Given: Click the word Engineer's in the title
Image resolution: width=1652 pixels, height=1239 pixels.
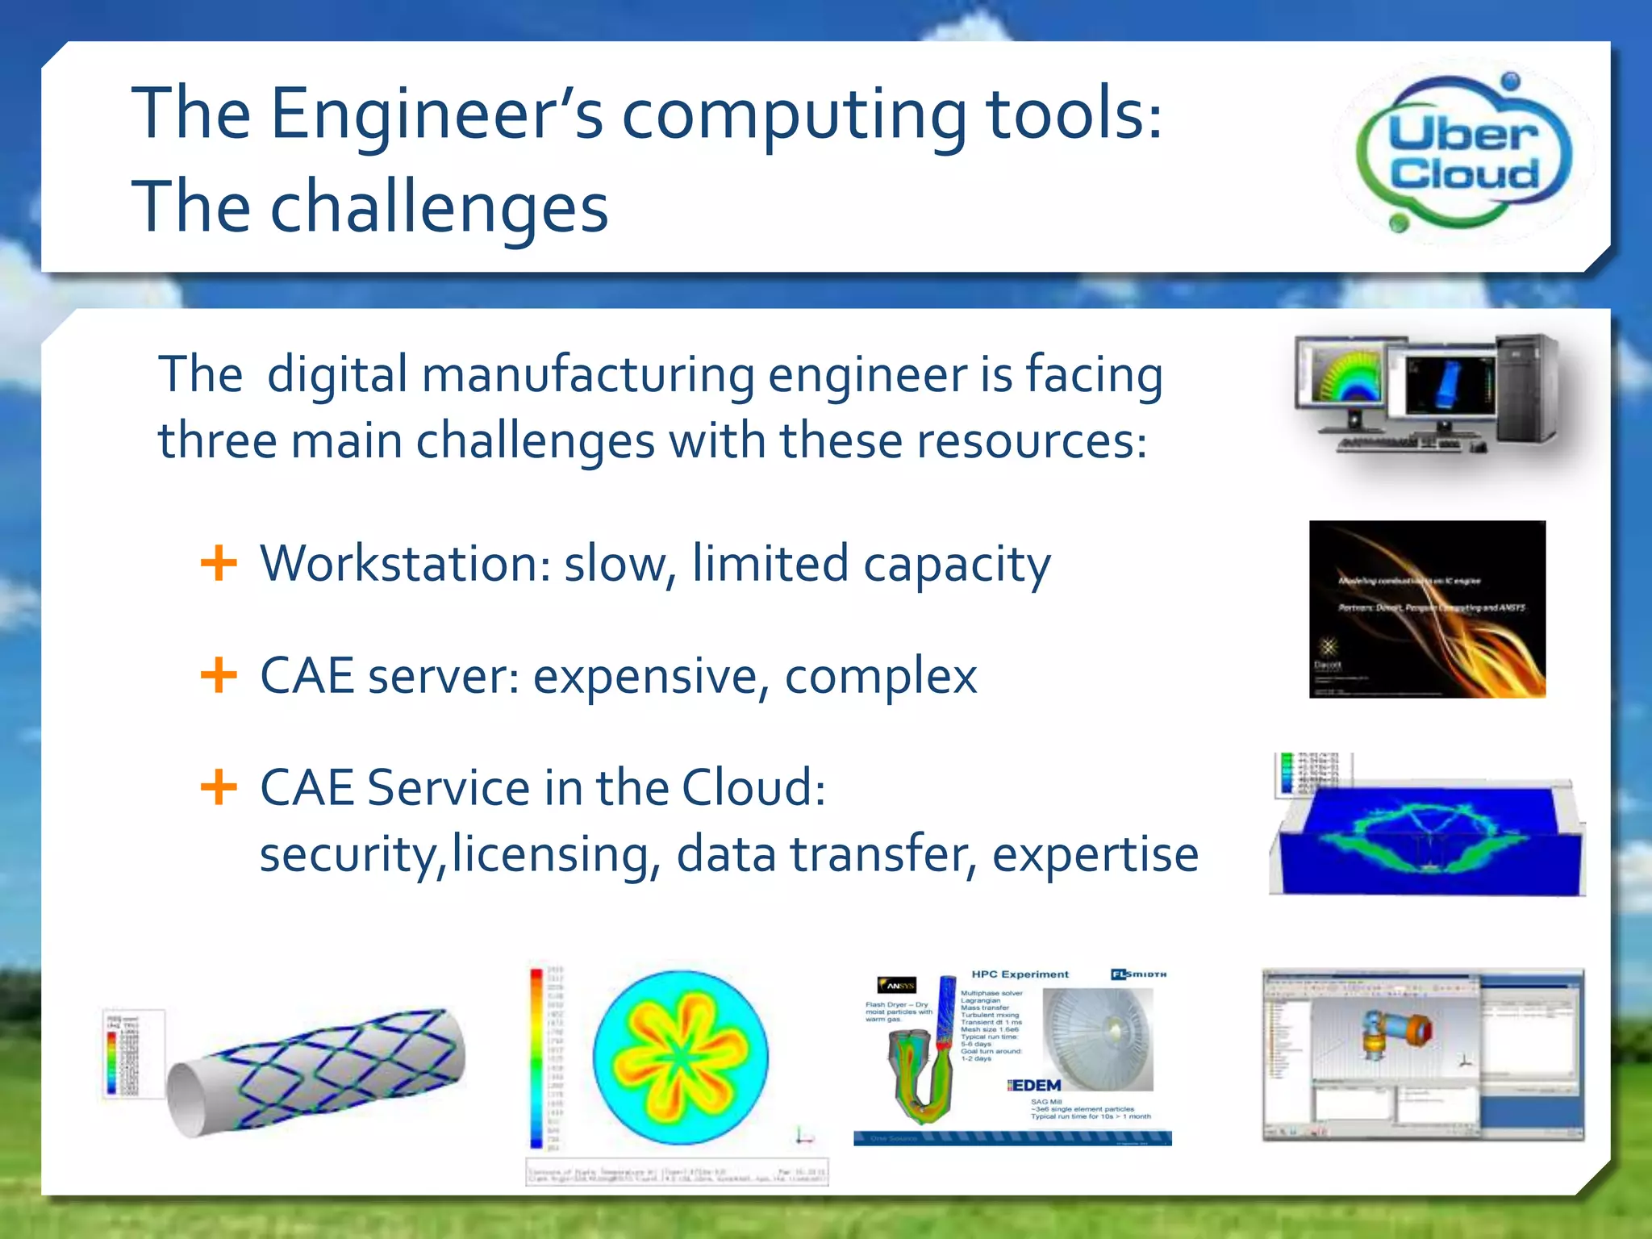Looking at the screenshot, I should (x=436, y=115).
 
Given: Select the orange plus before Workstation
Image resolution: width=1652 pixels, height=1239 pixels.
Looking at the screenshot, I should (x=218, y=563).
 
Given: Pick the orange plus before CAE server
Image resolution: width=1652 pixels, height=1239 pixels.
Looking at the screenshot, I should (x=218, y=675).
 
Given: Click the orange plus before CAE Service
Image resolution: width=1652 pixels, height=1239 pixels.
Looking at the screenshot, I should (x=218, y=786).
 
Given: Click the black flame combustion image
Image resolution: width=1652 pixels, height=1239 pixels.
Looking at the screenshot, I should (x=1427, y=609).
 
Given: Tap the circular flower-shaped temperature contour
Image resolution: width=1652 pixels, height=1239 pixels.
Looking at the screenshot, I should (x=680, y=1057).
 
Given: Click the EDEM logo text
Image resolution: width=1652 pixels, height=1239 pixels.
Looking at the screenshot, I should (x=1036, y=1086).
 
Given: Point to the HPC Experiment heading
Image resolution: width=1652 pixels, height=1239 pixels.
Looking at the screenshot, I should (x=1020, y=974).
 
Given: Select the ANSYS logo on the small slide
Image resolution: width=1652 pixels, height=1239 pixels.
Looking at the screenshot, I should (x=896, y=986).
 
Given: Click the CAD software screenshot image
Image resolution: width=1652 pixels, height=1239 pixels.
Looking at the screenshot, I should (x=1423, y=1055).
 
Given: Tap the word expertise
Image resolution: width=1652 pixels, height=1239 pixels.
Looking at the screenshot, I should (x=1095, y=854).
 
